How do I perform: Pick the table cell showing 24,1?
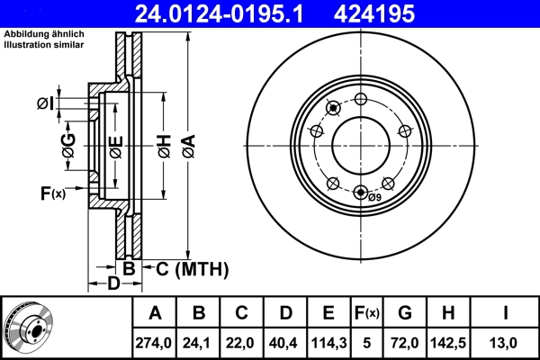(199, 342)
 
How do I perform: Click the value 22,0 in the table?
(242, 342)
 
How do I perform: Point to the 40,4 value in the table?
(285, 342)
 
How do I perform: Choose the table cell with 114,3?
(328, 342)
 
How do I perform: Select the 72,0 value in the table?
(405, 342)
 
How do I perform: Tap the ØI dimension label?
(45, 104)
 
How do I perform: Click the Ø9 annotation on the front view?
(375, 197)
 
